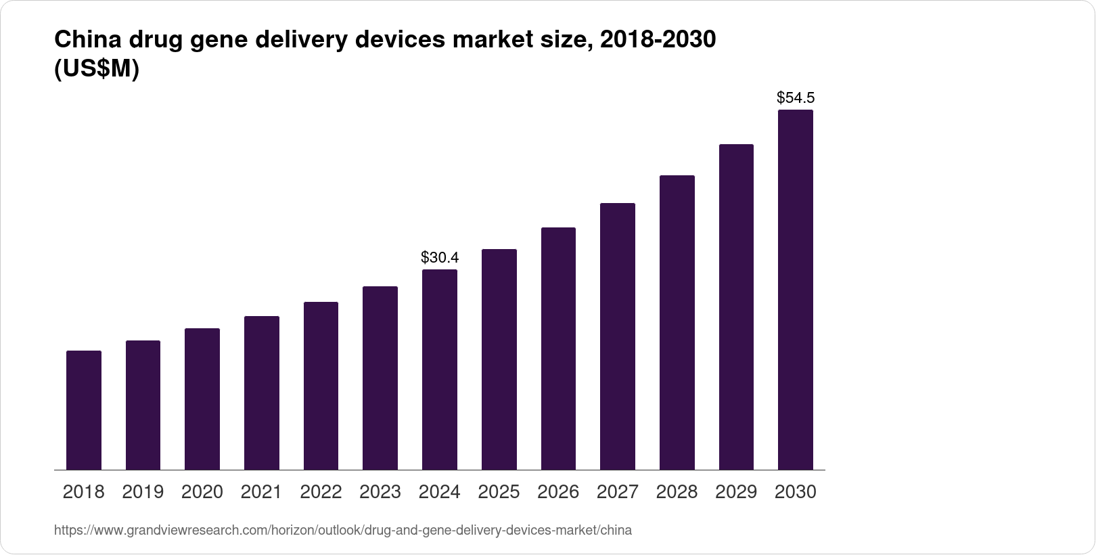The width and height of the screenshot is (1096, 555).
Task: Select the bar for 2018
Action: (x=84, y=410)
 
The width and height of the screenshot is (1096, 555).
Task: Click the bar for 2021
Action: (x=262, y=393)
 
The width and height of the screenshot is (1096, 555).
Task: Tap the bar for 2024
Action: (x=440, y=370)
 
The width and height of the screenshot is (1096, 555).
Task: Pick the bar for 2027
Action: (x=618, y=336)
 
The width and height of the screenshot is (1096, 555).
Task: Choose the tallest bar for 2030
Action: (x=795, y=290)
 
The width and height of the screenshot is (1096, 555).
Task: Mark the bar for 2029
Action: (x=736, y=307)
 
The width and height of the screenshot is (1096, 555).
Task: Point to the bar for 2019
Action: (x=143, y=405)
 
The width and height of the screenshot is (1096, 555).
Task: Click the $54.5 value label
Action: (x=795, y=97)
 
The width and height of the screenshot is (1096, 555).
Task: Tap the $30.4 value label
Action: (x=440, y=257)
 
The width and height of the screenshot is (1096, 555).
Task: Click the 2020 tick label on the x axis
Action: (x=202, y=492)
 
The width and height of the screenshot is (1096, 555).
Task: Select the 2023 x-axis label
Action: (x=380, y=492)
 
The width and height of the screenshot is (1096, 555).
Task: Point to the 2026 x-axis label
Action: (x=558, y=492)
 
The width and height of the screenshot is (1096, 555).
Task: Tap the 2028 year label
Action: (x=677, y=492)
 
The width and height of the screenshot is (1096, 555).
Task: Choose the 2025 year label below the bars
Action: (x=499, y=492)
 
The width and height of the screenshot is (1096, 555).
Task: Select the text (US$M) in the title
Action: (x=96, y=69)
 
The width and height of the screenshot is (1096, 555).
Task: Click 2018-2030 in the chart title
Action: (x=658, y=41)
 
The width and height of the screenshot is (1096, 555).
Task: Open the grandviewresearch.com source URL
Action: (x=342, y=531)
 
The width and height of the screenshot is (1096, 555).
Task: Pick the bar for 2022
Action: (x=321, y=386)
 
